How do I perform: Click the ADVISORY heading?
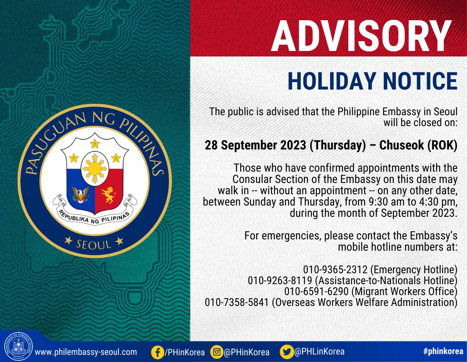(x=361, y=36)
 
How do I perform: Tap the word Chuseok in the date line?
(x=401, y=145)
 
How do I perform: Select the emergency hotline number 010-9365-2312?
(x=335, y=269)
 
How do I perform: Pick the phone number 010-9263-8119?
(x=280, y=280)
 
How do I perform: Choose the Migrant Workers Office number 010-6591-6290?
(x=316, y=291)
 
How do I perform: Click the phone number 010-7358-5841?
(x=237, y=302)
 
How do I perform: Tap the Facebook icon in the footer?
(x=157, y=352)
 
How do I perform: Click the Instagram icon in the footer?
(x=217, y=352)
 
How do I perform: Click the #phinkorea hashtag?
(x=443, y=351)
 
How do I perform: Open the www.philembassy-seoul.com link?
(x=86, y=352)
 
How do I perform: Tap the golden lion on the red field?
(x=109, y=195)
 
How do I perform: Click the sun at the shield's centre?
(x=95, y=169)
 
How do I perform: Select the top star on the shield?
(x=95, y=144)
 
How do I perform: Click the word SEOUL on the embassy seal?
(x=94, y=244)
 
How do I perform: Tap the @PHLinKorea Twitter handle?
(x=320, y=351)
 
